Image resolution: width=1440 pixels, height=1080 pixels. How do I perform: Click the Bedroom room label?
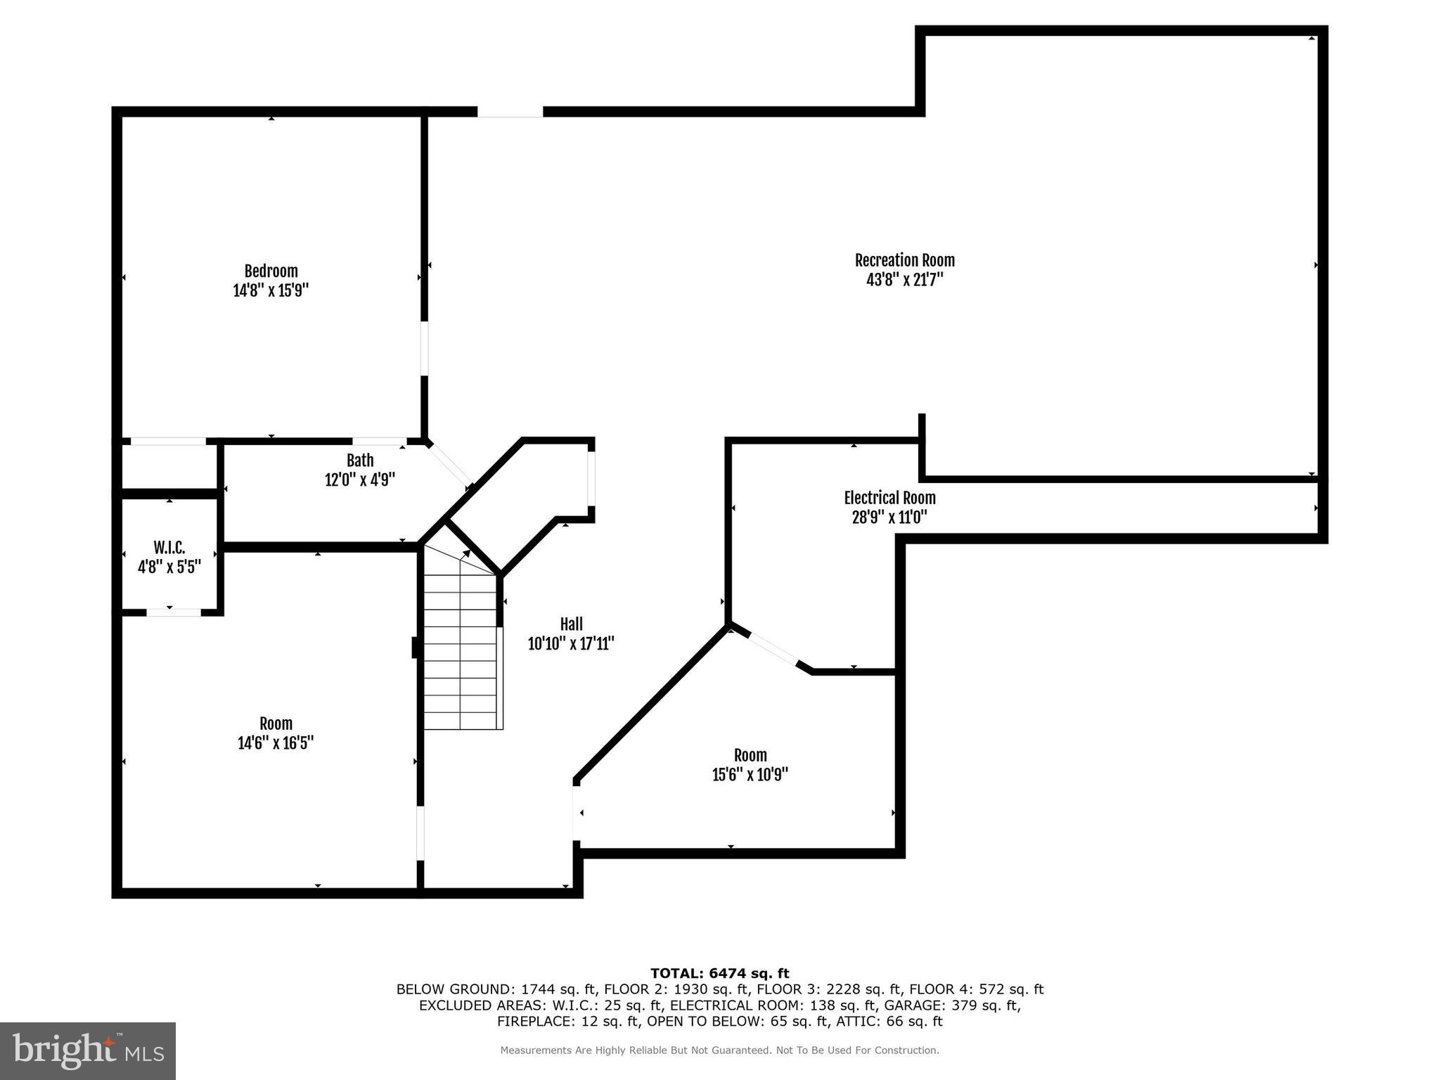pyautogui.click(x=271, y=271)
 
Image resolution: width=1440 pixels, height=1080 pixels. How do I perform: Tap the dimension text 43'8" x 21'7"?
pyautogui.click(x=904, y=280)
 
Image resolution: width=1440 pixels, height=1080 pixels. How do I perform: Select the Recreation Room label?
pyautogui.click(x=904, y=260)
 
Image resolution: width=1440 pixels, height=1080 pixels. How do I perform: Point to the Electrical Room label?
pyautogui.click(x=889, y=498)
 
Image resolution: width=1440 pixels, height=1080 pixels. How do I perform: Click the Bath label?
pyautogui.click(x=360, y=461)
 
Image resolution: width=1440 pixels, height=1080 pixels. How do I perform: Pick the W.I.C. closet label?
pyautogui.click(x=169, y=547)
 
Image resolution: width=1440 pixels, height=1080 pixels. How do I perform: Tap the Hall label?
pyautogui.click(x=571, y=624)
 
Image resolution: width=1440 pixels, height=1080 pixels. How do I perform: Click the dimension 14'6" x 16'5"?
pyautogui.click(x=276, y=743)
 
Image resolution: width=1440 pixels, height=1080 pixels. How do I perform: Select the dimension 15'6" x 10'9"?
pyautogui.click(x=750, y=775)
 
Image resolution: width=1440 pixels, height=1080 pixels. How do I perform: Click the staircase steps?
pyautogui.click(x=461, y=661)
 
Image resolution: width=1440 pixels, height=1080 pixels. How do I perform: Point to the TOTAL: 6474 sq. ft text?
pyautogui.click(x=719, y=973)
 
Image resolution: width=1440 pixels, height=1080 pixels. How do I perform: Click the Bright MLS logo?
pyautogui.click(x=88, y=1050)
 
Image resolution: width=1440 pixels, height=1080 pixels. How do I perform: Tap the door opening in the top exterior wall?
pyautogui.click(x=510, y=112)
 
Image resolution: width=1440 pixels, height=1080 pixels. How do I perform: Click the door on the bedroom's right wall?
pyautogui.click(x=424, y=349)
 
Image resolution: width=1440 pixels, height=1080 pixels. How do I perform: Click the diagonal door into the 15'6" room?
pyautogui.click(x=773, y=649)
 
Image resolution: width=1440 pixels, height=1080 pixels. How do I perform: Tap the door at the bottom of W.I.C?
pyautogui.click(x=174, y=612)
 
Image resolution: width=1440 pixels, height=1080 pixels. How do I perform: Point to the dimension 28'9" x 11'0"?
pyautogui.click(x=889, y=517)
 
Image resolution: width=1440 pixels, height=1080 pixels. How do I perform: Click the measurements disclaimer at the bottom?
pyautogui.click(x=719, y=1050)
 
